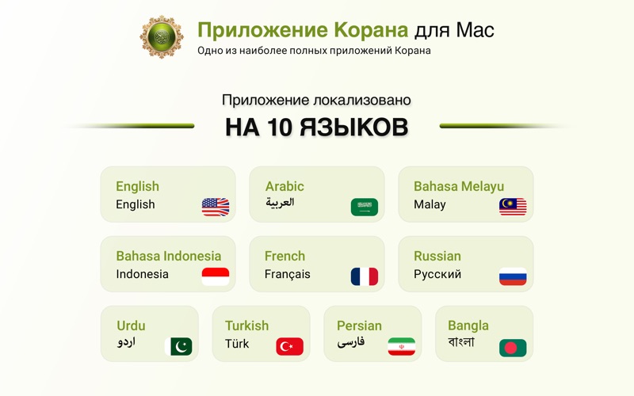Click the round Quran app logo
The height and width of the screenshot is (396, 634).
pos(162,36)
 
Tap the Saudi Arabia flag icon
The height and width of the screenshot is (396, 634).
pos(365,207)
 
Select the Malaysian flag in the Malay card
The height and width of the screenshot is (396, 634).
pos(513,207)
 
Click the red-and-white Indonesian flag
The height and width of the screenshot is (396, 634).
pos(216,276)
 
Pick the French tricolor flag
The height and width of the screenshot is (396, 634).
pos(365,276)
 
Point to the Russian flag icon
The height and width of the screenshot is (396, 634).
pos(513,276)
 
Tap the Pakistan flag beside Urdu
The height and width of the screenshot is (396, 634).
pos(178,346)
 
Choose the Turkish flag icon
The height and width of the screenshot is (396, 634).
pos(289,346)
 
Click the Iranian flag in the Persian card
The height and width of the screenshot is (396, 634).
pos(401,346)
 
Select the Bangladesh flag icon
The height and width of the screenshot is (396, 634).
pos(513,348)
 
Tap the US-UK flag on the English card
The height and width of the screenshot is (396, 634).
pos(216,207)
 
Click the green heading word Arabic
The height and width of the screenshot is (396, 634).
pos(285,186)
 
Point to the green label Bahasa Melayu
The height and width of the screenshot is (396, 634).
pos(459,186)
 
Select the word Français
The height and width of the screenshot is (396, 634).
pos(287,274)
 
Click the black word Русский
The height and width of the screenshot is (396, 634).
pos(437,274)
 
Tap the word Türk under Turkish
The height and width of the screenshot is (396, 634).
pos(237,344)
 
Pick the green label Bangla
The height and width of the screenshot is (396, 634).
pos(468,326)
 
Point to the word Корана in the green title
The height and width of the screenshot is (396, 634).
pos(371,30)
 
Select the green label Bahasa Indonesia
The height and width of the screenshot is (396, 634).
pos(169,256)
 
